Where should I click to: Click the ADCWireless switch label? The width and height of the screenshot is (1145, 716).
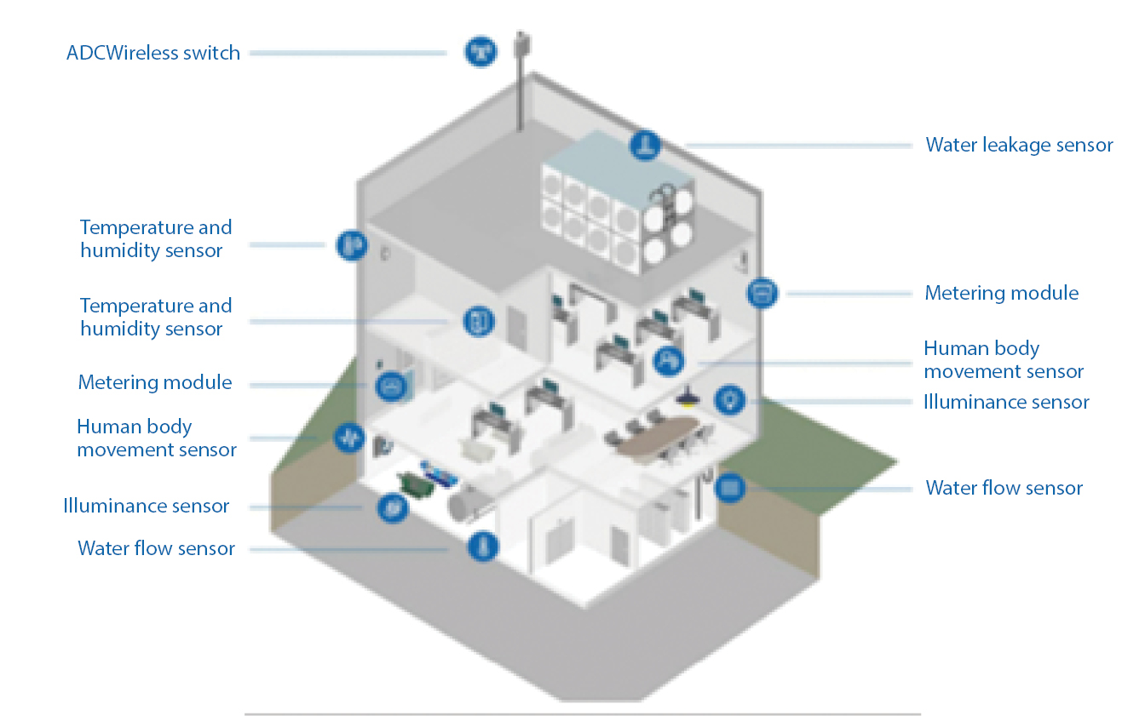click(x=153, y=53)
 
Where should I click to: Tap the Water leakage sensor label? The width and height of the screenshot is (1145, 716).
click(x=1019, y=145)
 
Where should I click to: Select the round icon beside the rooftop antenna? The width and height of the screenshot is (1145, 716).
click(x=480, y=51)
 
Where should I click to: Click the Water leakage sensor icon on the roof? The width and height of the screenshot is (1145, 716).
click(x=645, y=145)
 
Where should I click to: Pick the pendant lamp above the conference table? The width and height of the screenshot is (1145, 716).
click(x=684, y=397)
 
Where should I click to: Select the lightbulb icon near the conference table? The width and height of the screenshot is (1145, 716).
click(x=730, y=398)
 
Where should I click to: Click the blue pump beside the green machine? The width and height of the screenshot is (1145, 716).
click(x=440, y=474)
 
